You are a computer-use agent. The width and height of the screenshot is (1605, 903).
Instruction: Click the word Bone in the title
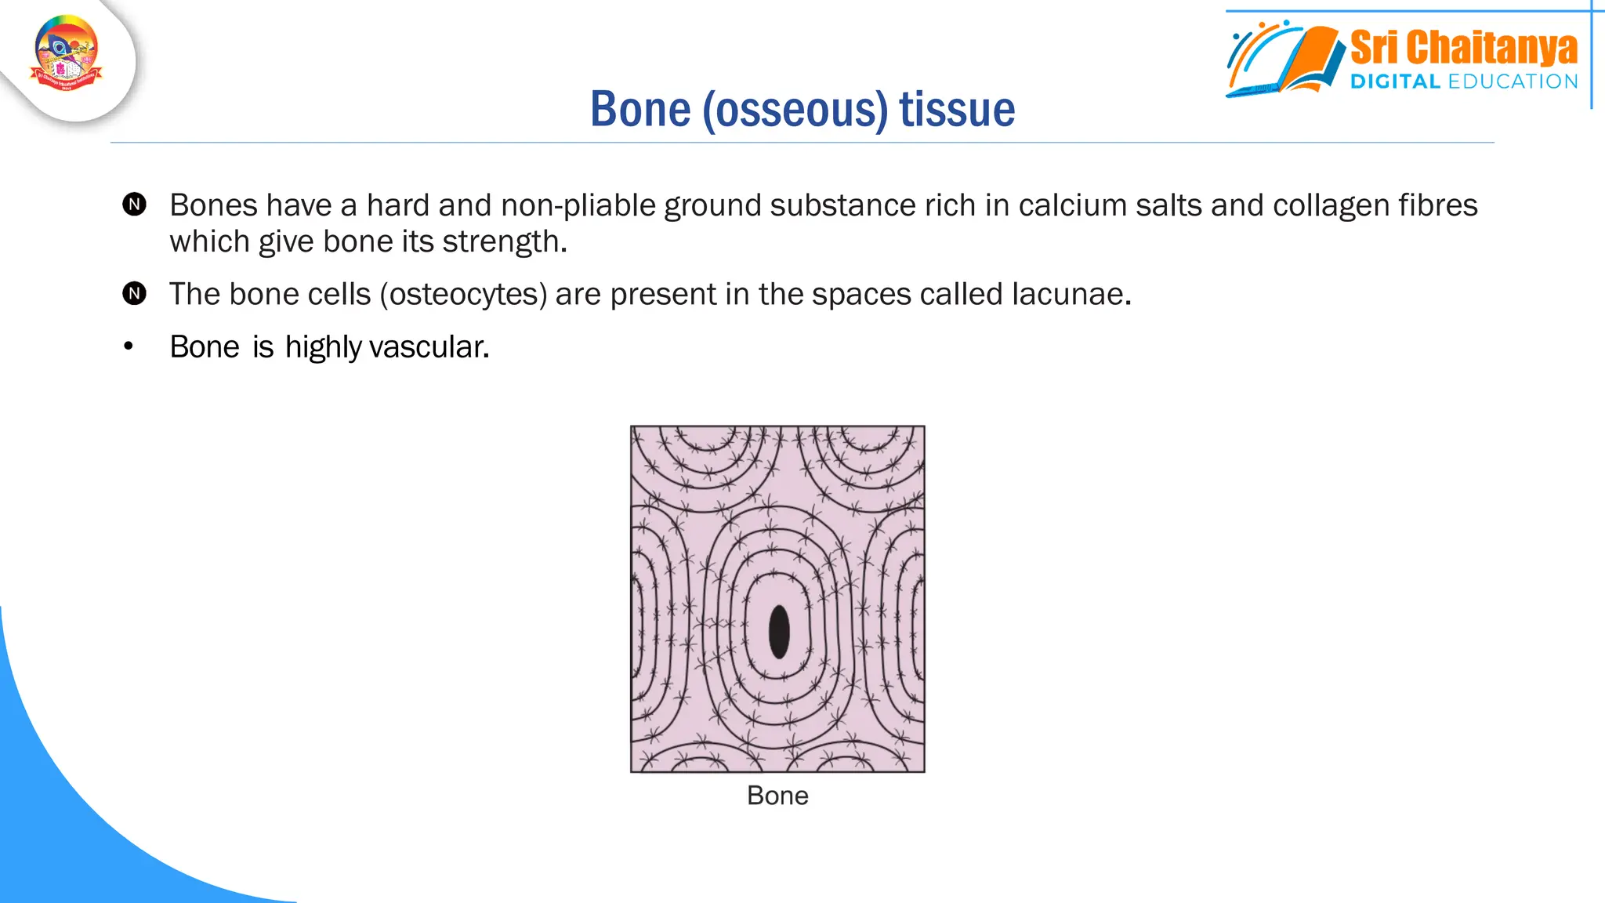[640, 109]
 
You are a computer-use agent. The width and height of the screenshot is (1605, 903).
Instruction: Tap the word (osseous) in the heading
[795, 111]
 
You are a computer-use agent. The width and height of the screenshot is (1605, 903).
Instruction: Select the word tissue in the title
[957, 109]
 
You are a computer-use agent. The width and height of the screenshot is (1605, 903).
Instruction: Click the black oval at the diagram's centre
[779, 632]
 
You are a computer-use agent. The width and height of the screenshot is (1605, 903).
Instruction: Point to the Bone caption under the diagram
[777, 796]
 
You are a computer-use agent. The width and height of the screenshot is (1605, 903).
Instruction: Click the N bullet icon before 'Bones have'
[135, 205]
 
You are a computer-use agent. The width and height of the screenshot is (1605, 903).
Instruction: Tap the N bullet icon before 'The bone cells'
[135, 294]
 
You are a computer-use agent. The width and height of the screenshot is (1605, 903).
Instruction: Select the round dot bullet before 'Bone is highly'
[129, 346]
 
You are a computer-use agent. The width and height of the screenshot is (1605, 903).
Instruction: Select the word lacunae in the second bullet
[1071, 295]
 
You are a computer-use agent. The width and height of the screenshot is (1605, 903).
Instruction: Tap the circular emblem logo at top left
[67, 53]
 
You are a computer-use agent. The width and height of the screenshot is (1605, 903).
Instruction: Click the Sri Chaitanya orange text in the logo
[1463, 48]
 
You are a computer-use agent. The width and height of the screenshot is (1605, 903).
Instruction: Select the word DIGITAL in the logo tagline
[1395, 82]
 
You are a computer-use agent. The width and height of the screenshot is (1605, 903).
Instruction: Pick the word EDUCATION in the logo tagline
[1513, 82]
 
